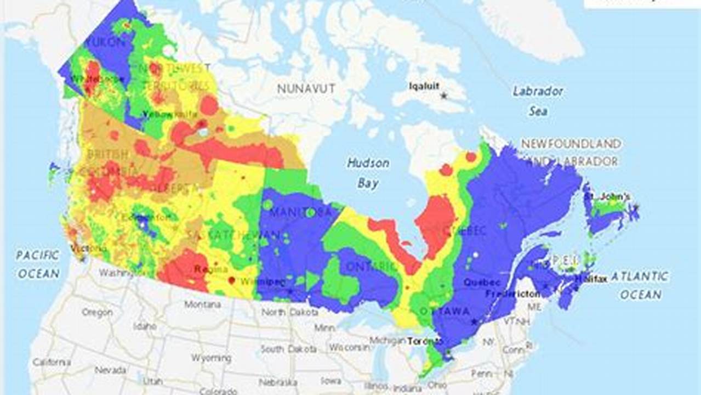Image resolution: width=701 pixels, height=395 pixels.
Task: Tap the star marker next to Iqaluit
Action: (x=443, y=95)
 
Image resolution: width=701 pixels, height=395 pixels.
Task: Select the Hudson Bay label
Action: (x=368, y=173)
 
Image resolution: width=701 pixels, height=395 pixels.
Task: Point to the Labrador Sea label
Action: (x=538, y=101)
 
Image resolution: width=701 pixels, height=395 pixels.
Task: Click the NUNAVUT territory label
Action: (x=306, y=88)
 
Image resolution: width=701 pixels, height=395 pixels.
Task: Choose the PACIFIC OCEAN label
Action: (x=37, y=264)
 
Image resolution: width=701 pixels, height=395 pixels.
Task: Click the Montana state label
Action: (x=202, y=304)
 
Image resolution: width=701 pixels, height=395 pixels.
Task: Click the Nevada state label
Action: (x=110, y=370)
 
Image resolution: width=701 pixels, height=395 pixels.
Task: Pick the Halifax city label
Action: (x=590, y=280)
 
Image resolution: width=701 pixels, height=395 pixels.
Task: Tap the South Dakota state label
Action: (x=288, y=349)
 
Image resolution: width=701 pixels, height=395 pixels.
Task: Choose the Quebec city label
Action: (x=482, y=283)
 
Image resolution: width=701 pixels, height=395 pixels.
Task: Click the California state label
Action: (x=52, y=362)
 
